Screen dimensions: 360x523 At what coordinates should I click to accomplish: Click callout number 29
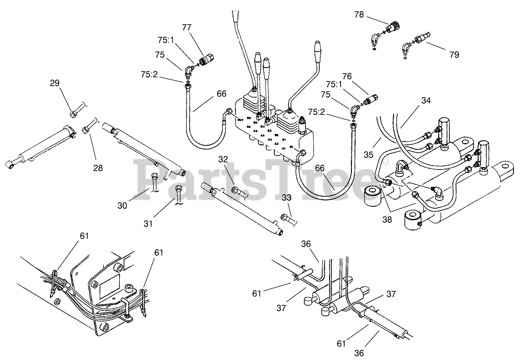coord(54,83)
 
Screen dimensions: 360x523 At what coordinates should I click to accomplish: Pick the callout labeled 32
coord(223,160)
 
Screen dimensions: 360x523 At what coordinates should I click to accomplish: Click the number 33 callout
coord(286,198)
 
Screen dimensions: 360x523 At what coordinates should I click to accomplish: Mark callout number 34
coord(426,101)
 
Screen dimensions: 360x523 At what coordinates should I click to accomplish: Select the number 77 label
coord(187,27)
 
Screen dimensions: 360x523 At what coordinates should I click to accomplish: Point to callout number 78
coord(359,15)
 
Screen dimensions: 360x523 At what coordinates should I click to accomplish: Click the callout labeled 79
coord(454,55)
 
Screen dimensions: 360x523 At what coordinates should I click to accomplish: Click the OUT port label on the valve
coord(240,119)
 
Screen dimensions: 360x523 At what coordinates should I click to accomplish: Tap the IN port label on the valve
coord(290,146)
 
